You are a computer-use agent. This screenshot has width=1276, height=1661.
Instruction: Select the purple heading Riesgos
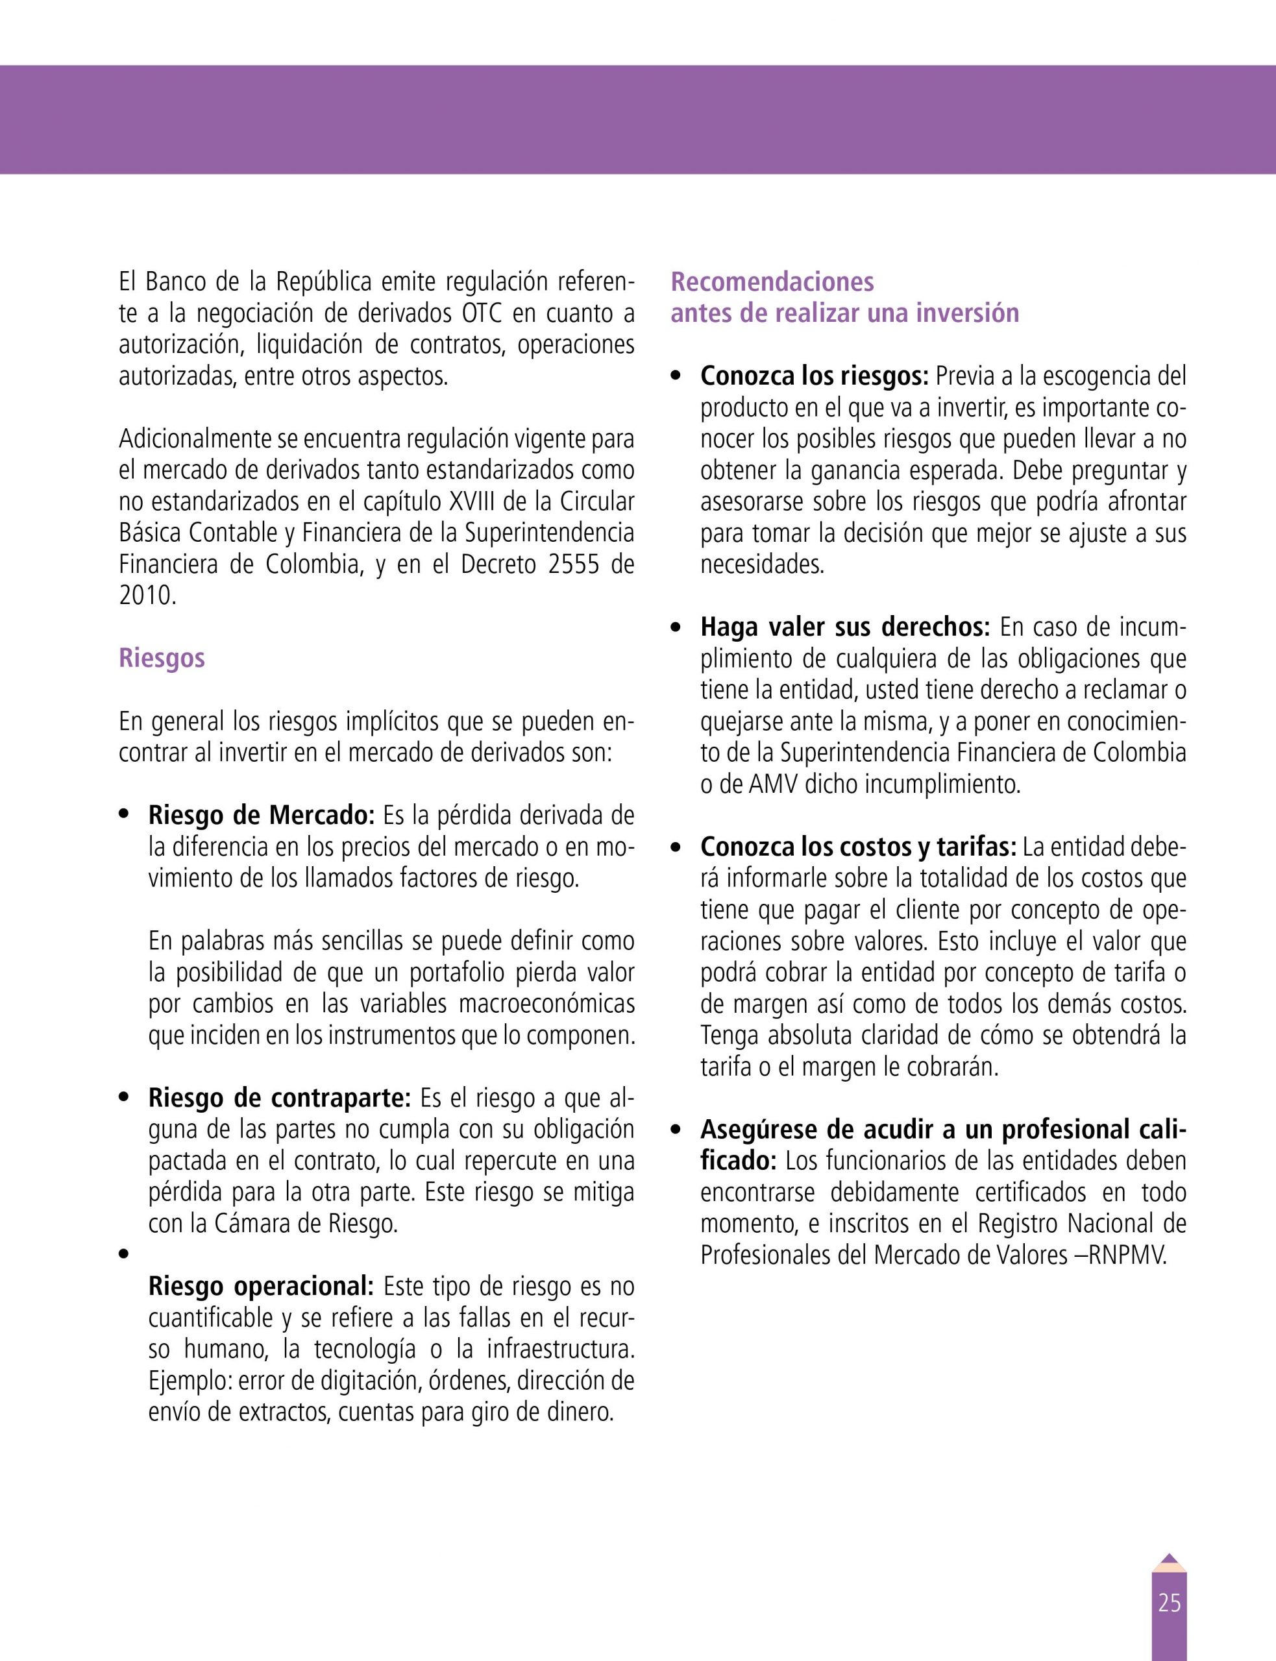(x=162, y=657)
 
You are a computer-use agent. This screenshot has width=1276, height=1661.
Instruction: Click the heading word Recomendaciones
(x=772, y=282)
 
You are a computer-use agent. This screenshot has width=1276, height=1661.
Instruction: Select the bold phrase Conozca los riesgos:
(x=814, y=376)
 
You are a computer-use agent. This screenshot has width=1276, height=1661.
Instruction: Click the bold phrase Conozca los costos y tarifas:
(x=858, y=847)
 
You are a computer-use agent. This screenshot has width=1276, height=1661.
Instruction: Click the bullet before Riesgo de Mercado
(x=124, y=816)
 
